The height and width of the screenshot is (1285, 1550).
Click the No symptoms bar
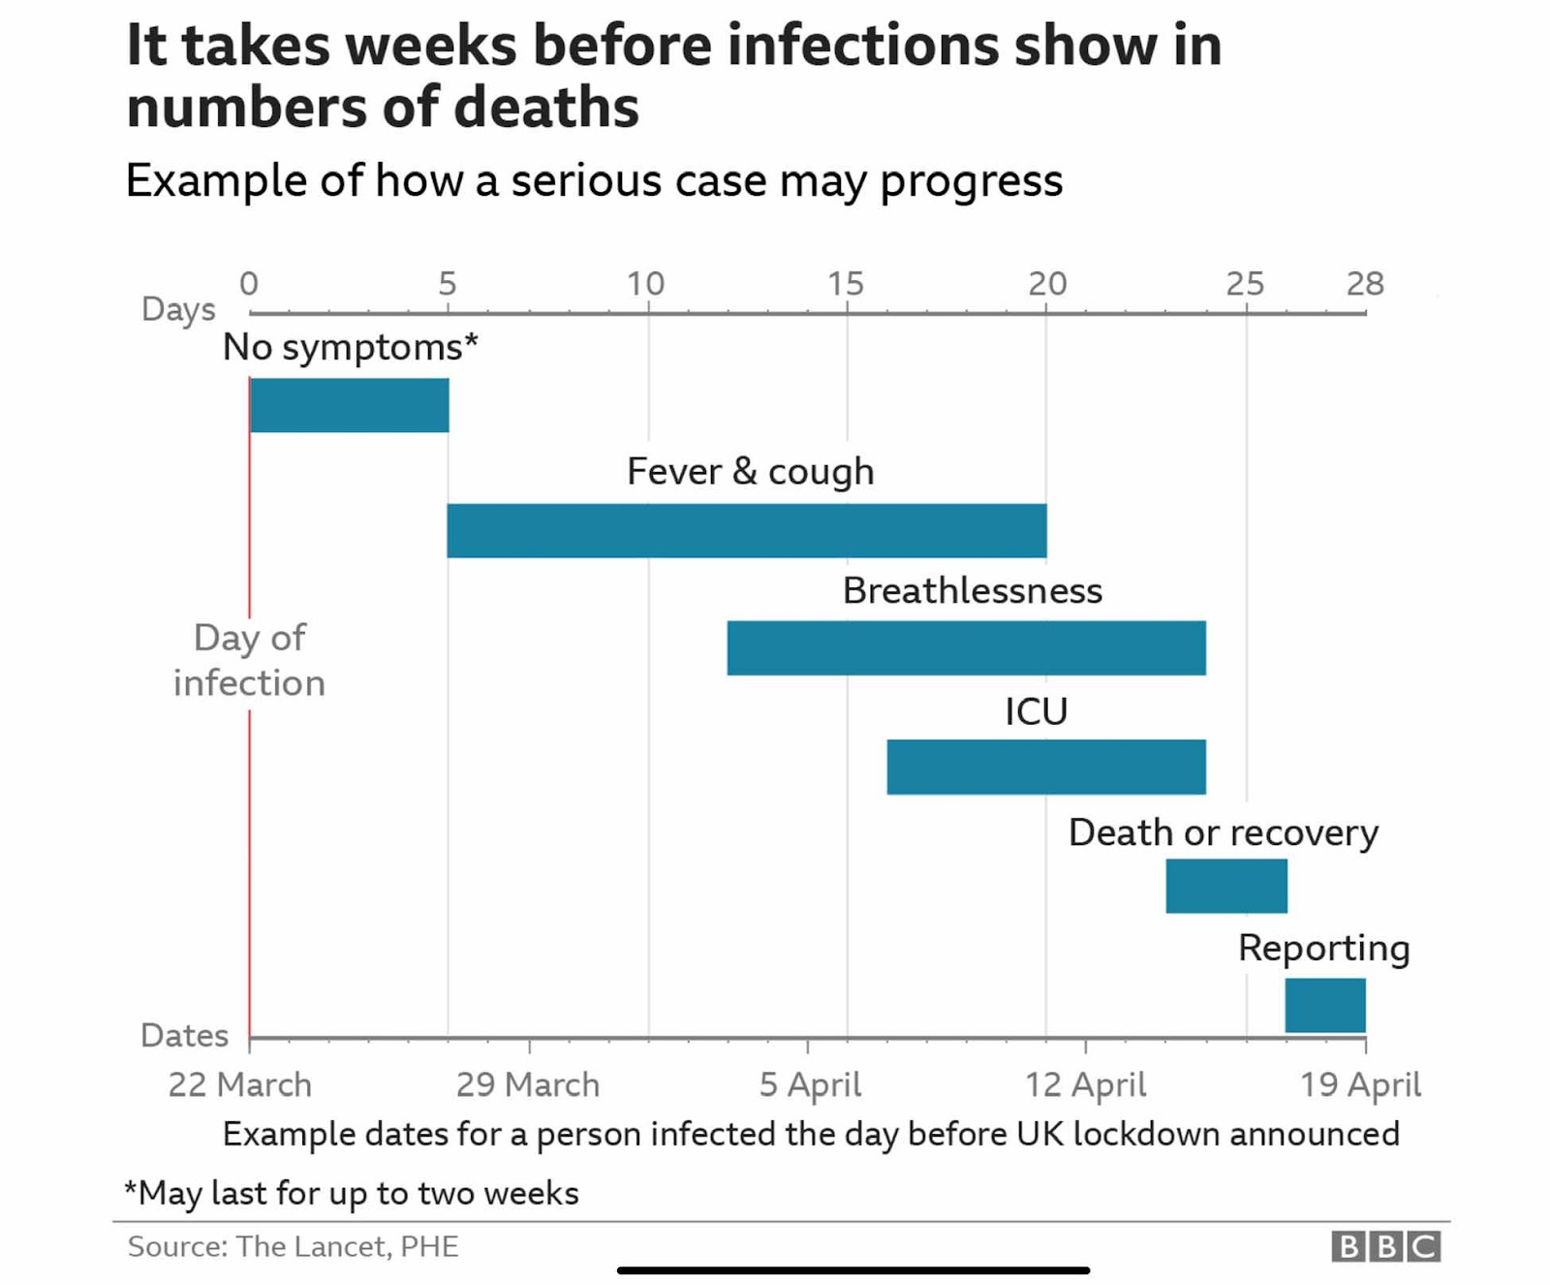coord(349,405)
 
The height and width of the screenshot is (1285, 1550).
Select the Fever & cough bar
coord(746,530)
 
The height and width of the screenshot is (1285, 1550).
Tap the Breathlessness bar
coord(966,648)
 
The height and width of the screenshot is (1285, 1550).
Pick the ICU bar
coord(1046,767)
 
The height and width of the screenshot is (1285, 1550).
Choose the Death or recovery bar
coord(1226,886)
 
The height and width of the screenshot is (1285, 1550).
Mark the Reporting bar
coord(1325,1005)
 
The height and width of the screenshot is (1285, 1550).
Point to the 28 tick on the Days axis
coord(1365,284)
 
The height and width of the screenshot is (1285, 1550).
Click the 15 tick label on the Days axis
coord(845,284)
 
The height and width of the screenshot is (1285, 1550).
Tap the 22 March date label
coord(240,1084)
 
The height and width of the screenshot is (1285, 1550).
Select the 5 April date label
coord(810,1084)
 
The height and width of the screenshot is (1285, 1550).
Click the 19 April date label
coord(1360,1084)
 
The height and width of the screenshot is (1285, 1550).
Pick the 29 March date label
coord(528,1084)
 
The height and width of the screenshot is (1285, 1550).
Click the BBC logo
coord(1385,1246)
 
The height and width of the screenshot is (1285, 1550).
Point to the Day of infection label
coord(249,660)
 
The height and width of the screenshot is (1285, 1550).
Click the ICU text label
coord(1036,711)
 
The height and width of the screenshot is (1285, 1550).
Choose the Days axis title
coord(178,309)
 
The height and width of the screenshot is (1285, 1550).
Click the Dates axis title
coord(184,1035)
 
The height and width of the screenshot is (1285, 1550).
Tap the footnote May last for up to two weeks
coord(352,1193)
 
